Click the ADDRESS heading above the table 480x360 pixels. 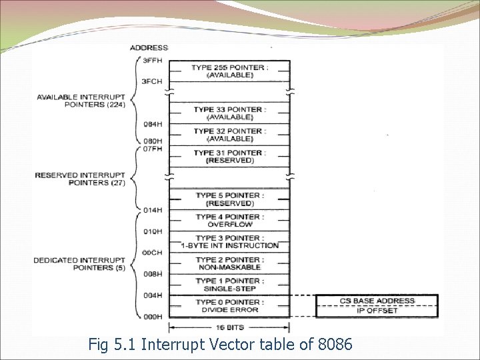click(x=149, y=47)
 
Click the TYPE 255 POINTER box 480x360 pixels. click(x=229, y=71)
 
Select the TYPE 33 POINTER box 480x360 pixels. click(x=229, y=113)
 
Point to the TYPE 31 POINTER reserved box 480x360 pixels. click(x=229, y=157)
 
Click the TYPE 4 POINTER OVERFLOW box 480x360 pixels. click(x=229, y=221)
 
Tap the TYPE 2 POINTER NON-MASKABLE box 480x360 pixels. click(x=229, y=263)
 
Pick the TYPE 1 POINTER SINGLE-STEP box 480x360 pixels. click(x=229, y=285)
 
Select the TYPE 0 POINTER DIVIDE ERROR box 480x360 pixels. click(x=229, y=306)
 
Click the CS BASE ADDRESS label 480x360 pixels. click(x=377, y=301)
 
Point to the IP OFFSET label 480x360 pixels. click(x=377, y=310)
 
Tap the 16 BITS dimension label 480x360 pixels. click(x=229, y=327)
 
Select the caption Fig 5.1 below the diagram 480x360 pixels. click(x=220, y=345)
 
